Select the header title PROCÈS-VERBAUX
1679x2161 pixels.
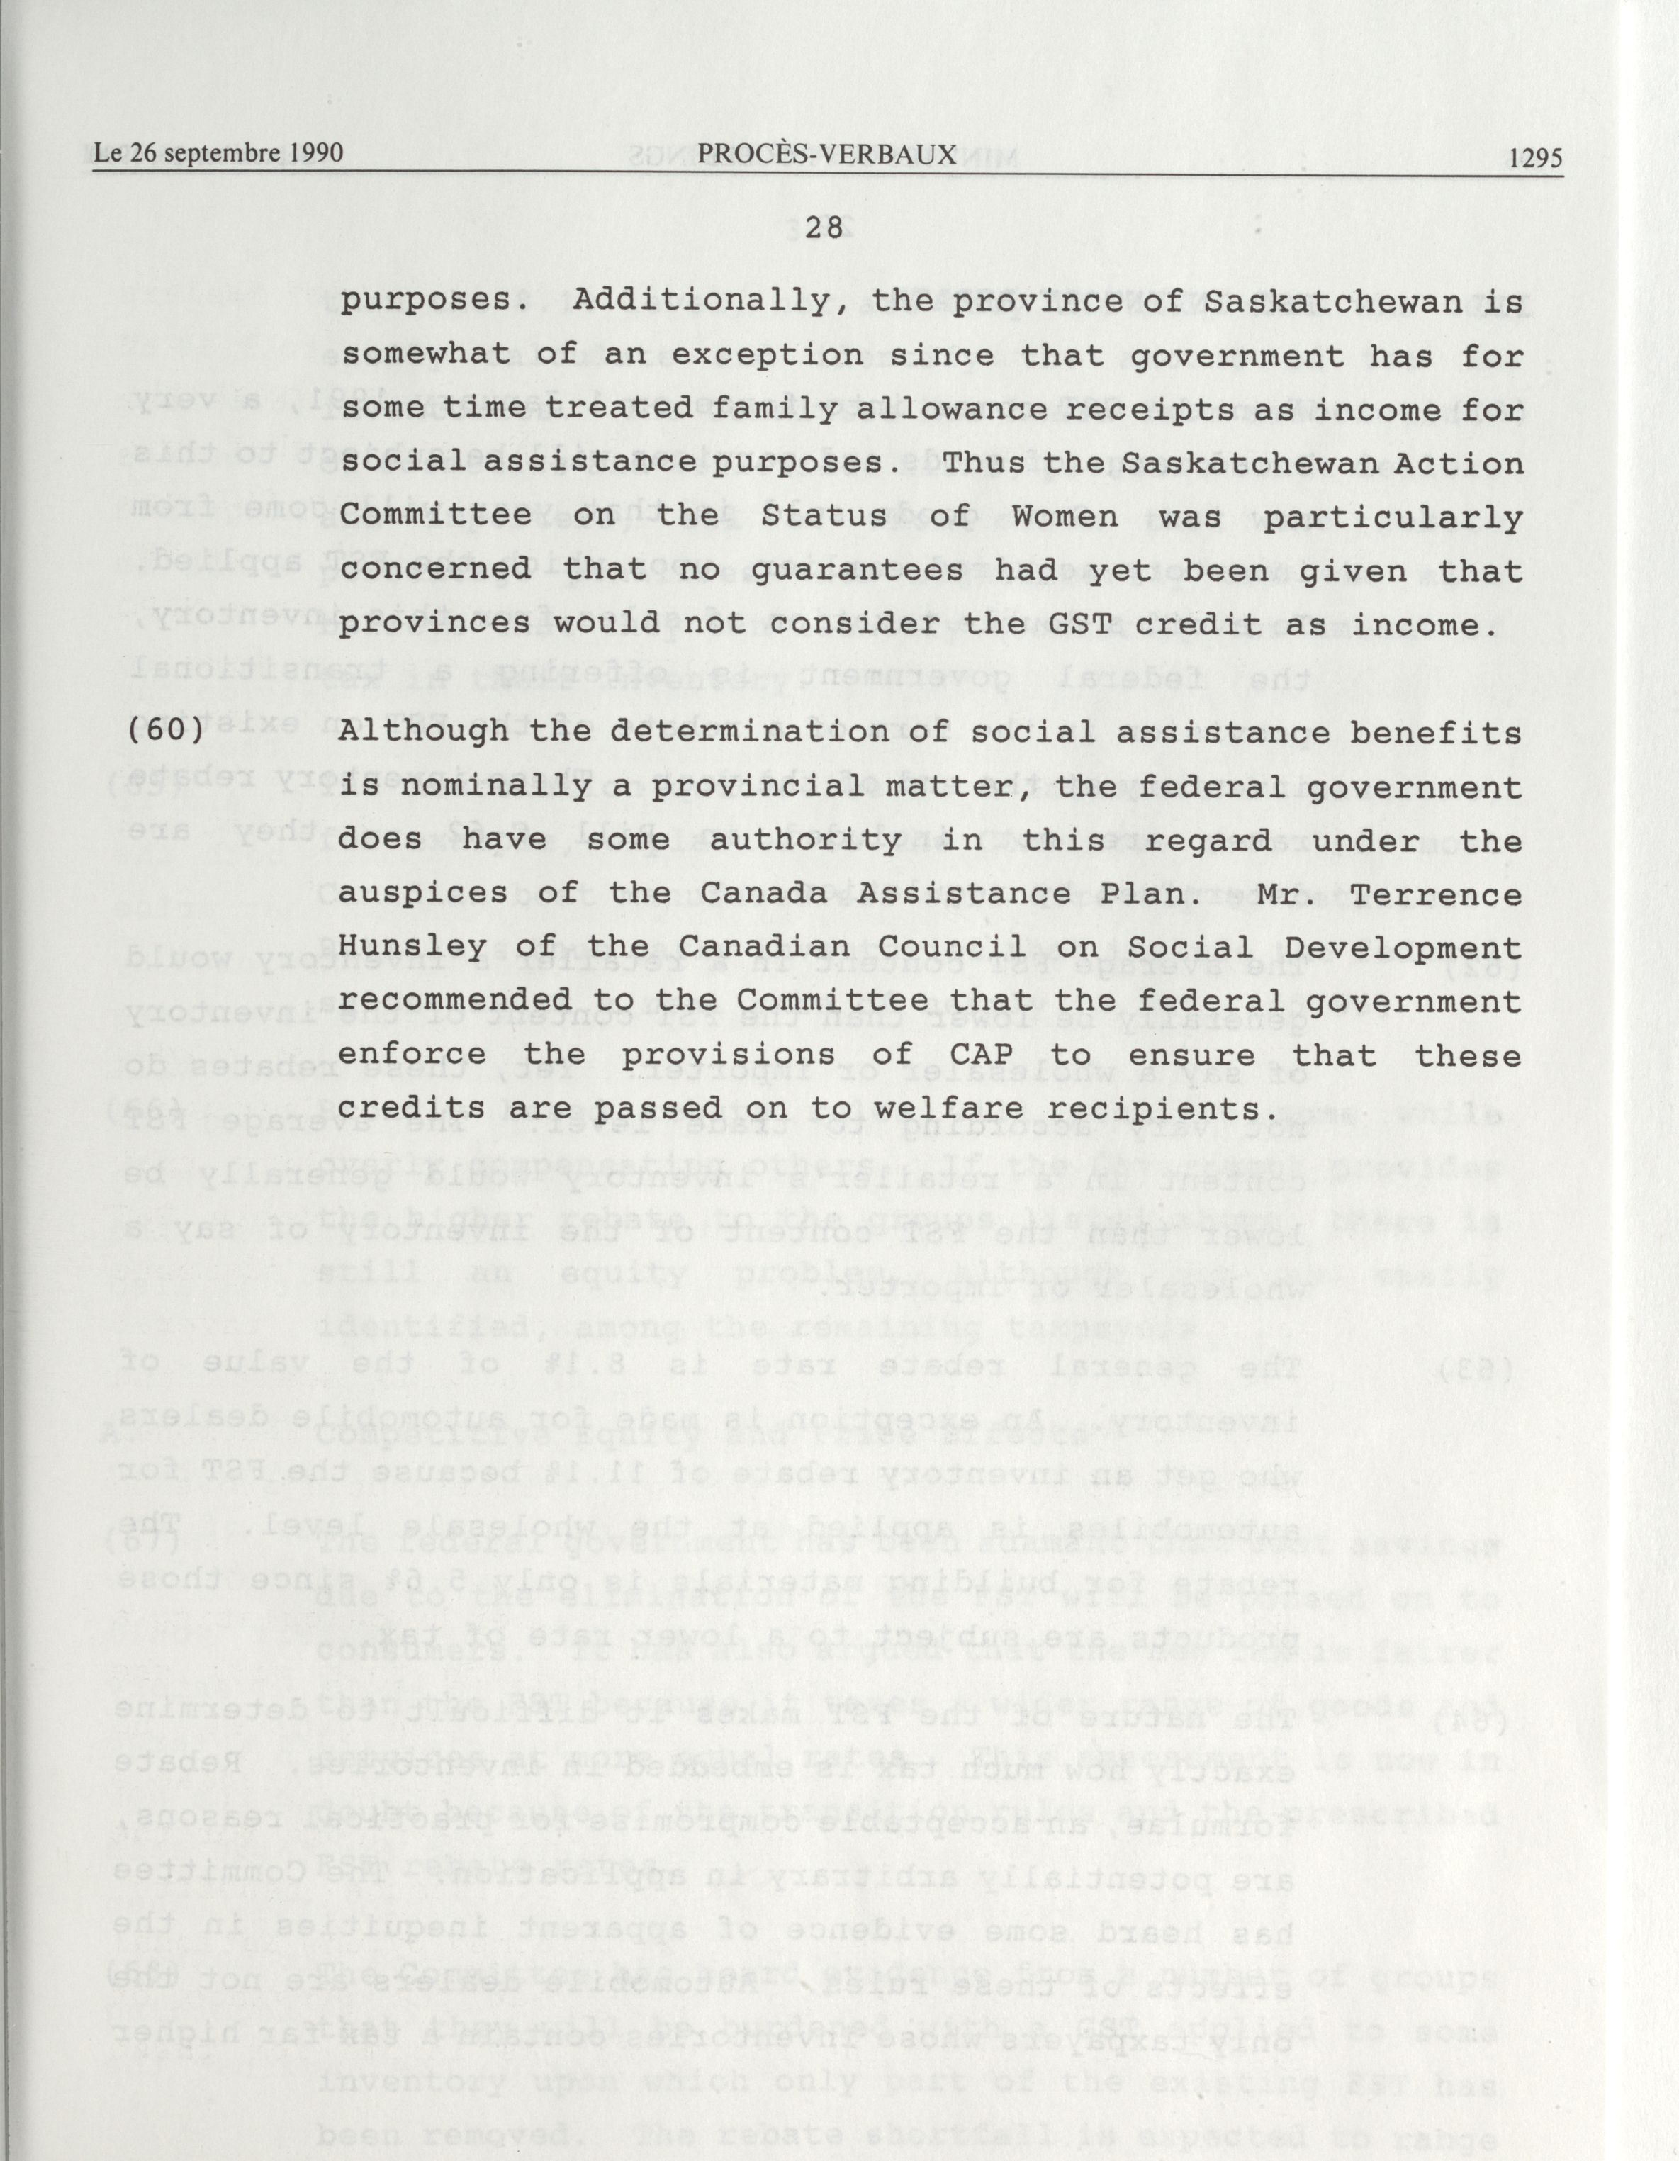[x=826, y=155]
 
